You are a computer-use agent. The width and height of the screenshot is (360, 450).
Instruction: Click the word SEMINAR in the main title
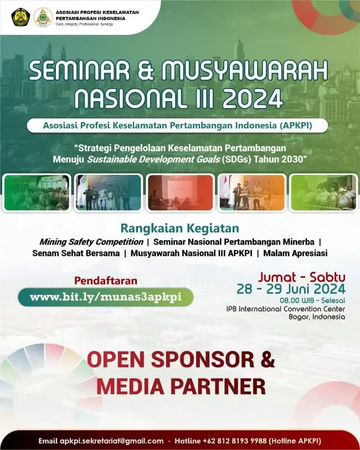coord(92,72)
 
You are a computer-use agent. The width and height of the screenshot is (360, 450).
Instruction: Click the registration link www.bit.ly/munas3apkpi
coord(106,297)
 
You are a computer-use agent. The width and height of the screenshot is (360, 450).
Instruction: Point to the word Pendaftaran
coord(106,281)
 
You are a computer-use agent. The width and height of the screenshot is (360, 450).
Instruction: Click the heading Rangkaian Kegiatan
coord(180,228)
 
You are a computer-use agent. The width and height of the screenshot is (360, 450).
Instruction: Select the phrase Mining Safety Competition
coord(90,242)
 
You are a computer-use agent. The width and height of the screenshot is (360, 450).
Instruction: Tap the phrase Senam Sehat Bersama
coord(76,253)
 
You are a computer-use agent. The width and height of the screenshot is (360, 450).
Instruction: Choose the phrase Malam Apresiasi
coord(295,253)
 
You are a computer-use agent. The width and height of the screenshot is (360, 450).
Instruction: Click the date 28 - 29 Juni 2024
coord(291,288)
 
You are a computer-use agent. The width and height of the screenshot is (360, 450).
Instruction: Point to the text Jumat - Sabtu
coord(301,276)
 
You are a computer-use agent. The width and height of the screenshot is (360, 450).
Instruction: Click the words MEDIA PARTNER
coord(181,386)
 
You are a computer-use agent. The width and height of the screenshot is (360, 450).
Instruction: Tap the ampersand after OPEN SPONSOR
coord(267,359)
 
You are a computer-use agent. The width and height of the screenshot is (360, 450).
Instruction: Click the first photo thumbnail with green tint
coord(37,193)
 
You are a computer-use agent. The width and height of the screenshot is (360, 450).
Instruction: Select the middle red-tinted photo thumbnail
coord(180,193)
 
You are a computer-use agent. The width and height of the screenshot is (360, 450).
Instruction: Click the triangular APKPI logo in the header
coord(43,17)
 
